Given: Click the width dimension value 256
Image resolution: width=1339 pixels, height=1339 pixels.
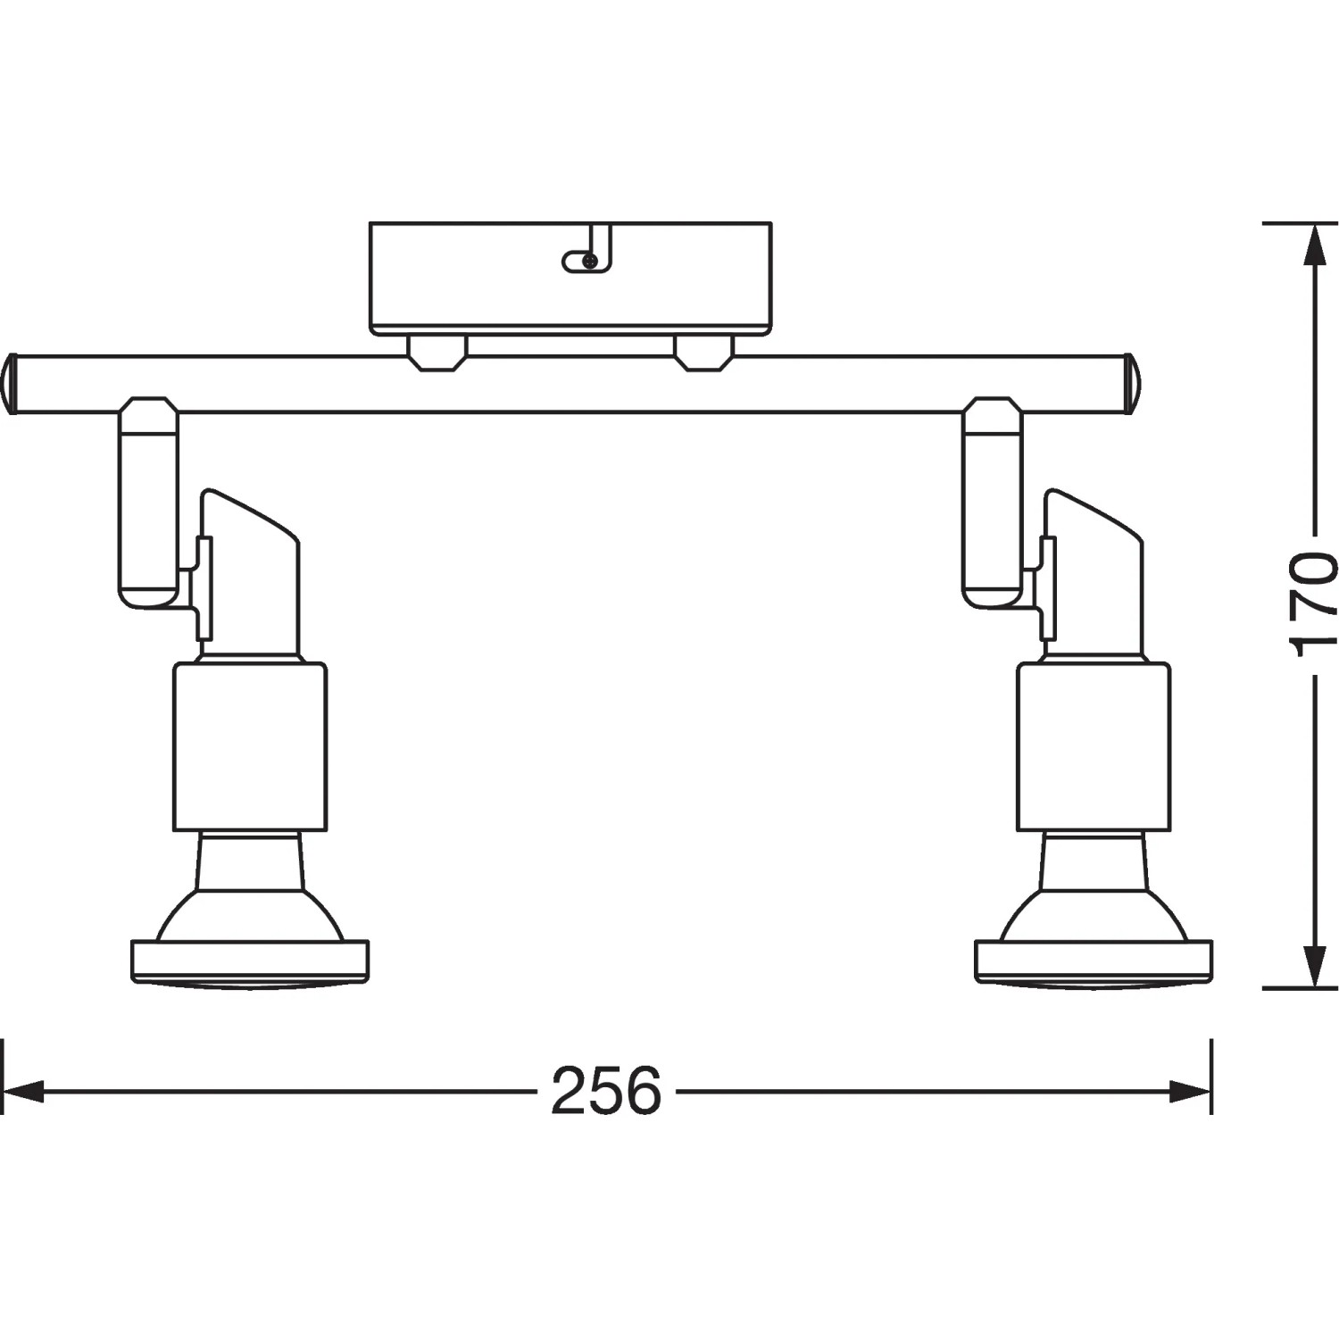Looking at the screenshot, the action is coord(606,1091).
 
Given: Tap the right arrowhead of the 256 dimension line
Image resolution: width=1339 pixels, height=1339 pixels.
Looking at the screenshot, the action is coord(1191,1091).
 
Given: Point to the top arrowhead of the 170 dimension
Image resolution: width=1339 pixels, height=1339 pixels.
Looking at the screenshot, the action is coord(1312,245).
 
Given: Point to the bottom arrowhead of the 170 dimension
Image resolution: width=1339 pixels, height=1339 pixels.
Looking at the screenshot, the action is coord(1312,967).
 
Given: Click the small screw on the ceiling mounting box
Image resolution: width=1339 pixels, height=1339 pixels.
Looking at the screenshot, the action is coord(589,261).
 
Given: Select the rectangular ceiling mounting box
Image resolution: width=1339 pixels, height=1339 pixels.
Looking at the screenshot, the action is coord(570,279).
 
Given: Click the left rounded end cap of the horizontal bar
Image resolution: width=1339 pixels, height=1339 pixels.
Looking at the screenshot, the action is coord(10,384).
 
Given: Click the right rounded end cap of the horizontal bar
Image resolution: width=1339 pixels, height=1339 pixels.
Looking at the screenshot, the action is coord(1131,384).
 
